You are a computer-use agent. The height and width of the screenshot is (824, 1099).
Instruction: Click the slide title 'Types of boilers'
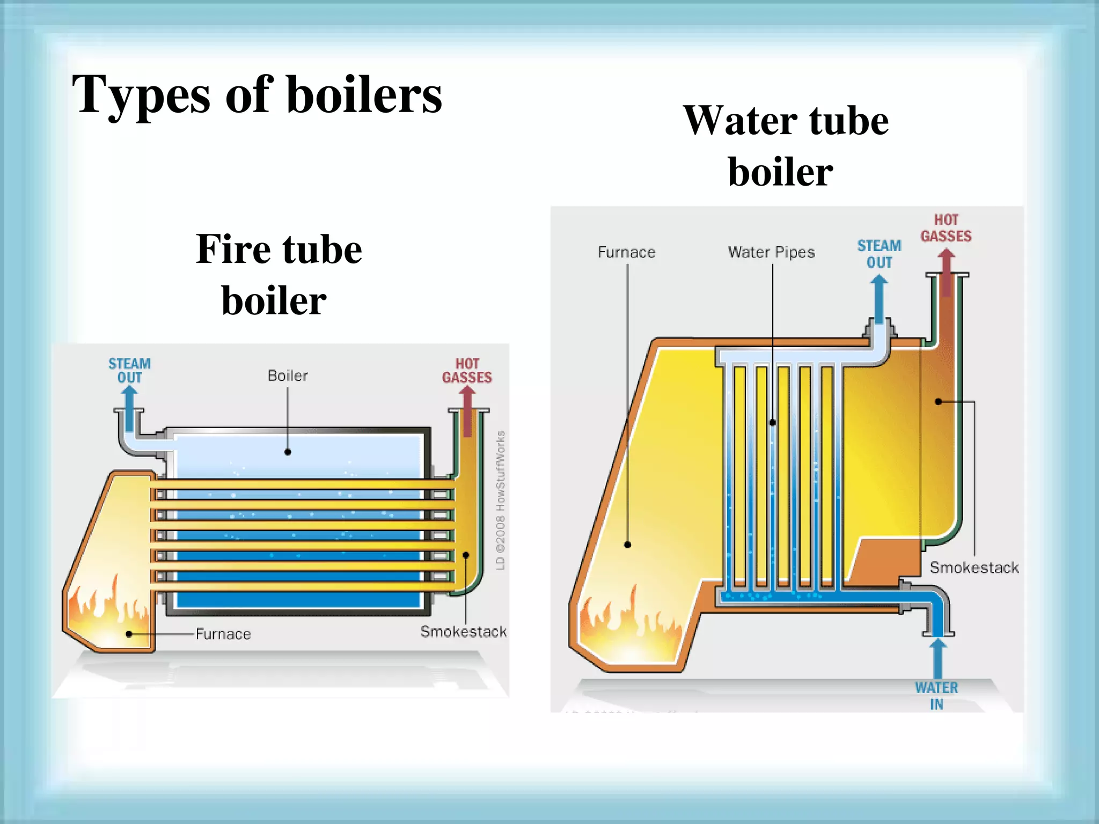257,95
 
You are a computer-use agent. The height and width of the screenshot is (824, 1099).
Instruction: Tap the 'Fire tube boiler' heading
278,274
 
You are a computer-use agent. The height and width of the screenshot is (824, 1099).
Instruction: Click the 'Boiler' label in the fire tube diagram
288,376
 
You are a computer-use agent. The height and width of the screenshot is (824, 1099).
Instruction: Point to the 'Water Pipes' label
771,252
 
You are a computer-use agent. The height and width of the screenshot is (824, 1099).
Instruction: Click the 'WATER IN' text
936,696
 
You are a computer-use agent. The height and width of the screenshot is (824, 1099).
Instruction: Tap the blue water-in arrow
937,657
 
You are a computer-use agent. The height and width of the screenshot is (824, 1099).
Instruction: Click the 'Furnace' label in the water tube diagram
626,252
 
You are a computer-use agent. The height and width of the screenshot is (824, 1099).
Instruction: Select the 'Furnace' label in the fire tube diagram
223,634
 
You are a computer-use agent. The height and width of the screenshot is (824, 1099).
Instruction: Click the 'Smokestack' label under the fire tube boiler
463,631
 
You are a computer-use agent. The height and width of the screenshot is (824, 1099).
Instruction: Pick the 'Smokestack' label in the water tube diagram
974,568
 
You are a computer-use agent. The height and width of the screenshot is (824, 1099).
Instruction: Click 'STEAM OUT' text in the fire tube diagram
129,370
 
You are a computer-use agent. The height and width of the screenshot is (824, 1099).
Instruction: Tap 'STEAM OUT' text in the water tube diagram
879,254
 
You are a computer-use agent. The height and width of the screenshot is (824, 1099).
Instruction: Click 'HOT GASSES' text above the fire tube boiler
467,371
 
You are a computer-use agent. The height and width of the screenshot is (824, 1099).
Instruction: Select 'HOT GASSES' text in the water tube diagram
946,228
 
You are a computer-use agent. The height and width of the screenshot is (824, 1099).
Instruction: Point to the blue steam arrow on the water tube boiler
879,298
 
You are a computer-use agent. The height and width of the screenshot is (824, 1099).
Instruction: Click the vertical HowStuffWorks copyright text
500,499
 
